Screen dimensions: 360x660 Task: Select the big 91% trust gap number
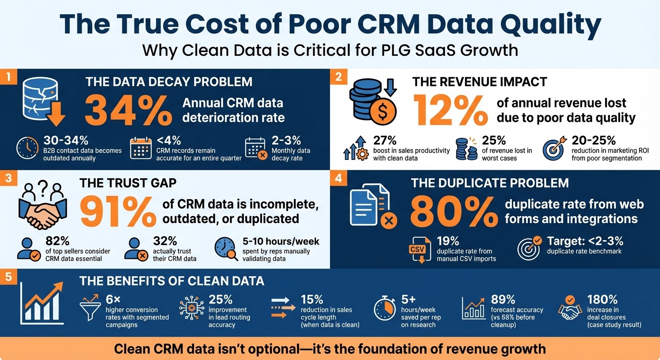coord(118,211)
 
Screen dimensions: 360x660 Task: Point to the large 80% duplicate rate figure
coord(453,211)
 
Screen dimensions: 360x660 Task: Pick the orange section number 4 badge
coord(338,179)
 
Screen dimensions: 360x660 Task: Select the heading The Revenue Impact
coord(479,82)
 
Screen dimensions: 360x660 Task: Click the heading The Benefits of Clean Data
coord(172,281)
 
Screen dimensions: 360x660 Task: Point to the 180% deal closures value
coord(602,299)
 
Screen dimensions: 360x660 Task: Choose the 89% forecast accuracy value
coord(503,299)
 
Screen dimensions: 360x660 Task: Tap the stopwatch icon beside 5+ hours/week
coord(385,309)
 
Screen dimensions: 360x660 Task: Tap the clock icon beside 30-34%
coord(27,148)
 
